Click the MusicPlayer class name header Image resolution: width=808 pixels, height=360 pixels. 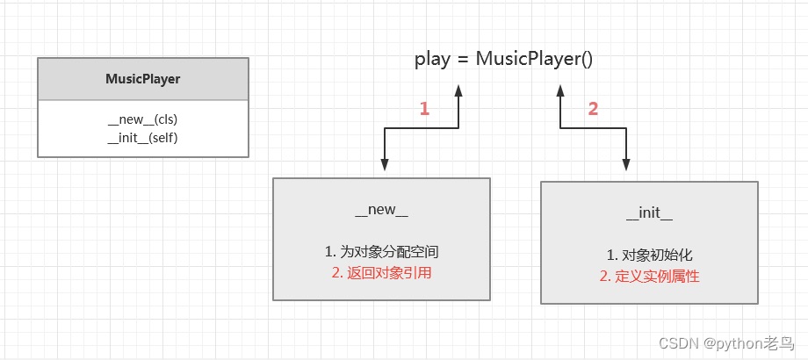(142, 79)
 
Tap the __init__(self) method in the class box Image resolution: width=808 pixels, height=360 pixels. (148, 137)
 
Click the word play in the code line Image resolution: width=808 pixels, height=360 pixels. (434, 60)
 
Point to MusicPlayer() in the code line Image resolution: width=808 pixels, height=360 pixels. (534, 60)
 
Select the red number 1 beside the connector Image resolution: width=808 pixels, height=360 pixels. (424, 109)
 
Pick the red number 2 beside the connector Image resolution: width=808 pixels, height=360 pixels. (593, 109)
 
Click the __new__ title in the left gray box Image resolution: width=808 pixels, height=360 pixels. (381, 211)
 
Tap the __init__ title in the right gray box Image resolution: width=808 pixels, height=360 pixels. (649, 214)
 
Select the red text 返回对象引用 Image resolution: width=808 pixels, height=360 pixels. (388, 272)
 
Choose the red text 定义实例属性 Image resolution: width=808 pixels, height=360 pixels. (658, 276)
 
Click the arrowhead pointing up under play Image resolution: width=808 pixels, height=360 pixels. (458, 90)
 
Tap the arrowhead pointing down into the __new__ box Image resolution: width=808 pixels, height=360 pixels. (384, 164)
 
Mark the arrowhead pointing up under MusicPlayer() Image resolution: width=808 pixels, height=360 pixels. (559, 90)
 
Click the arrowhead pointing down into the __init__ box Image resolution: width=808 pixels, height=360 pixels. (626, 165)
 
